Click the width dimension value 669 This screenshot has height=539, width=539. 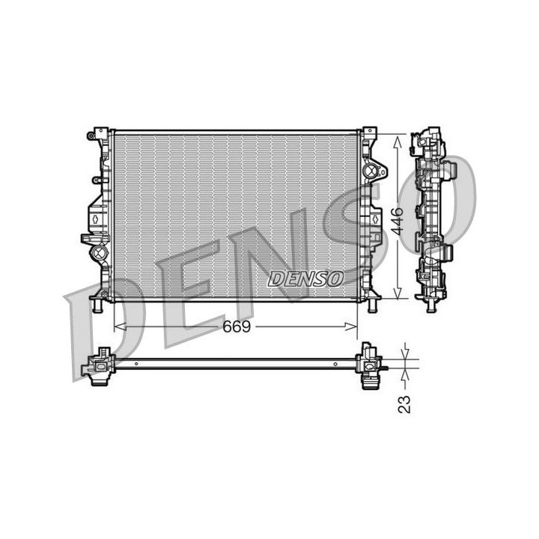[x=234, y=327]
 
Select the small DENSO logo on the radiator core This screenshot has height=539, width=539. [x=305, y=278]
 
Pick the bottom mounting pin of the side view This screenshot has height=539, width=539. [x=430, y=305]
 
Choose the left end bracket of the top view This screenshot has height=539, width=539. [x=98, y=366]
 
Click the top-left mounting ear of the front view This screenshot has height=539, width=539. [x=98, y=136]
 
